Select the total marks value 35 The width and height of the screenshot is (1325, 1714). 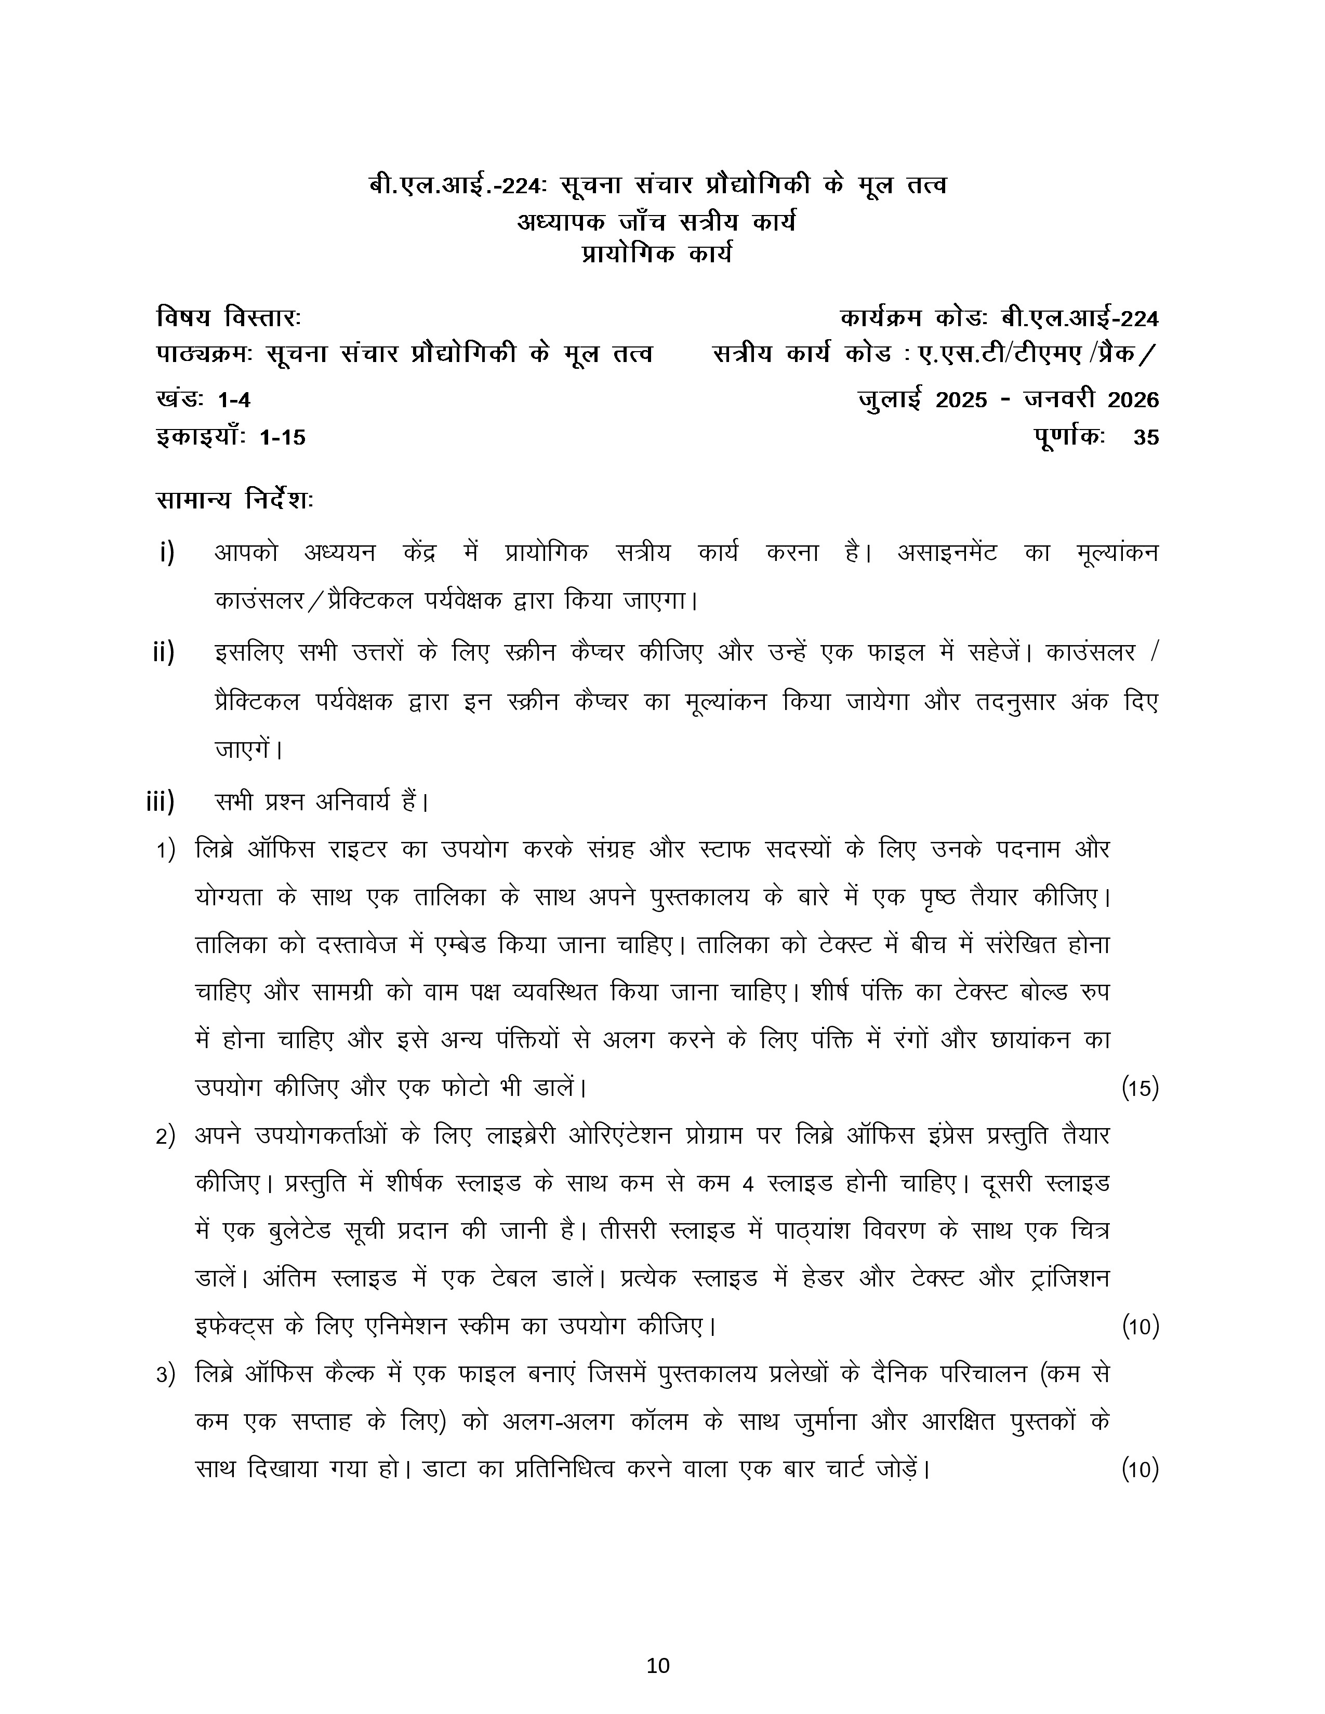pos(1146,437)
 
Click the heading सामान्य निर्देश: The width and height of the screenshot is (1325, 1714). pos(235,500)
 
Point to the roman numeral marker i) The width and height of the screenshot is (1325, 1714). pos(166,553)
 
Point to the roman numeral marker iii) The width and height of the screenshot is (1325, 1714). pos(160,802)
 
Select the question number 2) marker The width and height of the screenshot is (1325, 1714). pos(165,1137)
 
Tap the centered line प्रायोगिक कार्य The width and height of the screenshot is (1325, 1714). pos(656,255)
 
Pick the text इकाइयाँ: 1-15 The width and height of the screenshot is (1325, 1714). pos(231,437)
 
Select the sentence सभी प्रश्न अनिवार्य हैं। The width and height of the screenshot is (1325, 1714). pos(322,802)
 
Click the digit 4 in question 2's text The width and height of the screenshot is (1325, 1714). pos(747,1184)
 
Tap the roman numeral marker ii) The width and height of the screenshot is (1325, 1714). pos(163,652)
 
